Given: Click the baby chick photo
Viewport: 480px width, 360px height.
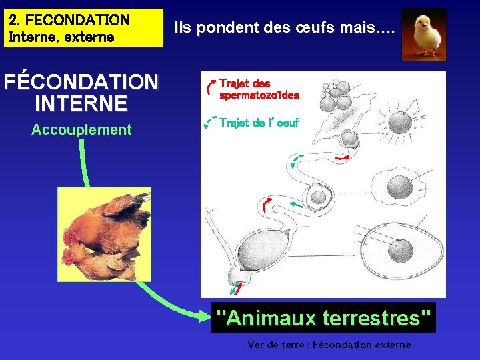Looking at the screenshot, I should pos(423,34).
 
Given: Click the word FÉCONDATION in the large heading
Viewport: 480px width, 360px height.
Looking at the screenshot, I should pos(81,83).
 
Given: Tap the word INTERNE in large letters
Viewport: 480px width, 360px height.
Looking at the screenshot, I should pos(81,103).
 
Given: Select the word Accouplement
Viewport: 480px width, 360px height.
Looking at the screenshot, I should pos(81,130).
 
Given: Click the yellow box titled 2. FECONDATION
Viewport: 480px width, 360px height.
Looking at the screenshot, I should pos(85,27).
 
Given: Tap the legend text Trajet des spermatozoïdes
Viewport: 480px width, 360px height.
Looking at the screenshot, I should pos(259,89).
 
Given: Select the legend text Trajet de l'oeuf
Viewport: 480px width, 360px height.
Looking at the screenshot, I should pos(259,123).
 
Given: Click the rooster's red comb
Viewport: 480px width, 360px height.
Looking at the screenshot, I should pos(68,235).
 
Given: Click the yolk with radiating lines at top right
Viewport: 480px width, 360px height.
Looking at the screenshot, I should pos(399,123).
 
